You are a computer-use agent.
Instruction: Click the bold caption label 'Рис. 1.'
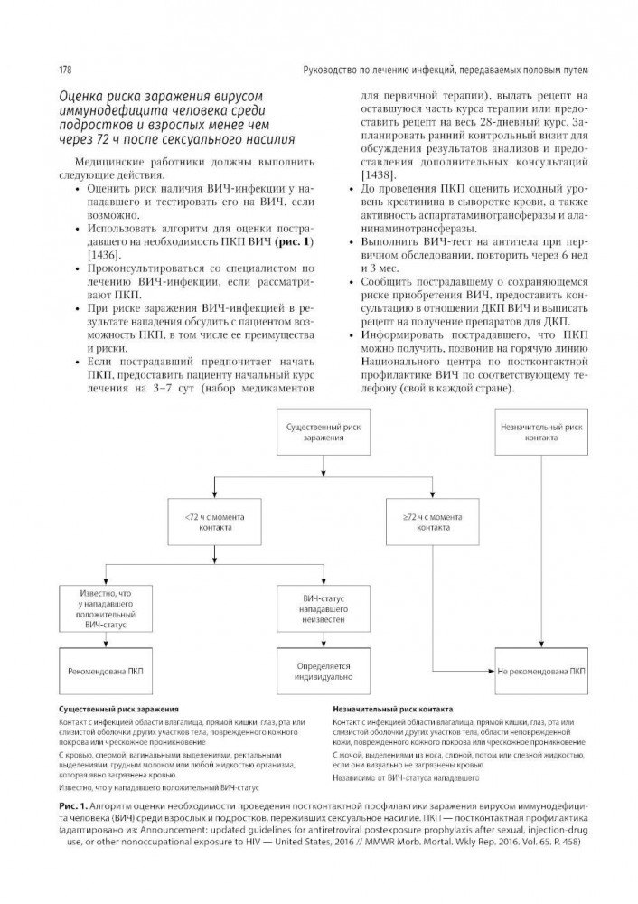tap(72, 805)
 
